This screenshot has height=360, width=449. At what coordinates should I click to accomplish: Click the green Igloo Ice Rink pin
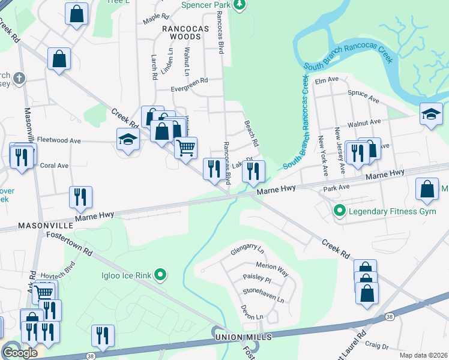click(160, 275)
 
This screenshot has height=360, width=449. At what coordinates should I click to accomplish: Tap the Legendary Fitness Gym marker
click(340, 211)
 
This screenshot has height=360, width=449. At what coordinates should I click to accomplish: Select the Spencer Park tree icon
click(240, 5)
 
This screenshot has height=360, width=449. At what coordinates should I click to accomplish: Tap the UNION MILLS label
click(244, 338)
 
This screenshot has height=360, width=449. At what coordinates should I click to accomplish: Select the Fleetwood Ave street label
click(59, 140)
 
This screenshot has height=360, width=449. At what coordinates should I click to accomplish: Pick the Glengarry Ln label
click(248, 248)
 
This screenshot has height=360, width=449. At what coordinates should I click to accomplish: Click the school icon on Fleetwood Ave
click(127, 140)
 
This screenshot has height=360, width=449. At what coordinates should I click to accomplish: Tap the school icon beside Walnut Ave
click(431, 114)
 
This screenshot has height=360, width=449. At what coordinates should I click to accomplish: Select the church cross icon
click(19, 78)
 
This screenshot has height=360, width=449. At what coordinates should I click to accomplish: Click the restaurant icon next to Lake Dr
click(253, 171)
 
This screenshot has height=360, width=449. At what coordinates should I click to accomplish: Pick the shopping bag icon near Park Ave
click(427, 189)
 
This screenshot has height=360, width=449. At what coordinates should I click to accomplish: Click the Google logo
click(20, 353)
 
